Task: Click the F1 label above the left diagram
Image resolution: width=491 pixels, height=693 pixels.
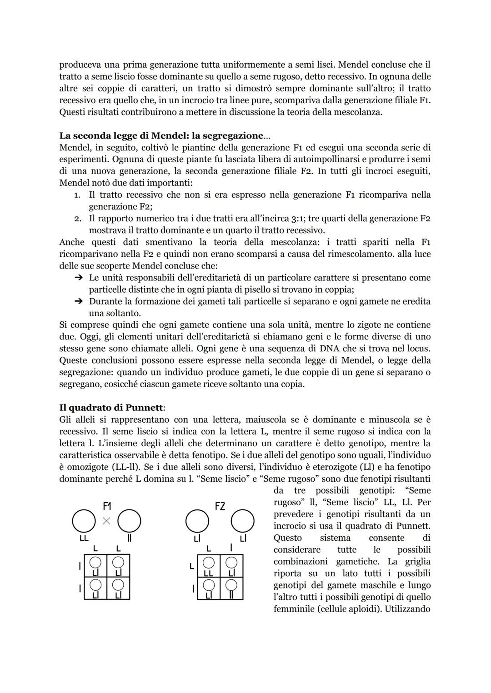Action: pyautogui.click(x=107, y=506)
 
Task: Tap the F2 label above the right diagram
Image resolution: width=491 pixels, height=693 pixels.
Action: pyautogui.click(x=220, y=506)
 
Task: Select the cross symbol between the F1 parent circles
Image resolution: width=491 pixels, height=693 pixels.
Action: pyautogui.click(x=106, y=521)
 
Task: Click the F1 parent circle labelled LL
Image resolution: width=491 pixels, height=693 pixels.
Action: pyautogui.click(x=84, y=521)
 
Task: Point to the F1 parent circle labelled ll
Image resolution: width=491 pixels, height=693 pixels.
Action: pyautogui.click(x=129, y=521)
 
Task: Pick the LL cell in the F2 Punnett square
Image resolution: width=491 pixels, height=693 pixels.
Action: pyautogui.click(x=209, y=566)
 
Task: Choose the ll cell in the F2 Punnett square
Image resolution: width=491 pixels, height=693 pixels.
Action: pyautogui.click(x=231, y=588)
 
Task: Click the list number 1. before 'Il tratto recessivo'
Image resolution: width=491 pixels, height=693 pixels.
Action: pyautogui.click(x=77, y=195)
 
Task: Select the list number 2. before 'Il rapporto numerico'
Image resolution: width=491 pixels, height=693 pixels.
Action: pyautogui.click(x=77, y=219)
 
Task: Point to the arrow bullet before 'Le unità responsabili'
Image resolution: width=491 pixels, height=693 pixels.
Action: pyautogui.click(x=78, y=278)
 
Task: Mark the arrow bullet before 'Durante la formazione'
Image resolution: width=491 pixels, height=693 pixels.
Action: pyautogui.click(x=78, y=301)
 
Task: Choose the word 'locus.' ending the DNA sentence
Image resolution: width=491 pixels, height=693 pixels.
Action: pyautogui.click(x=416, y=349)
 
